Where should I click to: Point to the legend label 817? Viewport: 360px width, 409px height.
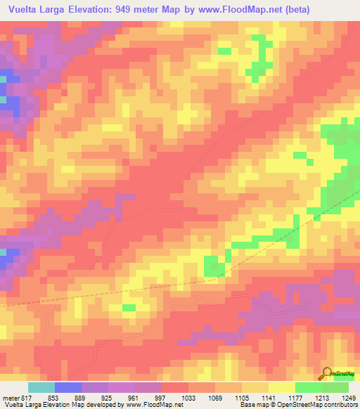coord(27,398)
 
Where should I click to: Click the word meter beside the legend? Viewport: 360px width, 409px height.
coord(9,398)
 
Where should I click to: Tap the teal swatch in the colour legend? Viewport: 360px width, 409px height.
coord(41,387)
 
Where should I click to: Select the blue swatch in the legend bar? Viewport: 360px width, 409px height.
coord(68,387)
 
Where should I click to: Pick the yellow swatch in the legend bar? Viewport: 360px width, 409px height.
coord(281,387)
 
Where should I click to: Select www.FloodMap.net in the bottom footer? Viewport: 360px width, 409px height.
coord(149,405)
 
